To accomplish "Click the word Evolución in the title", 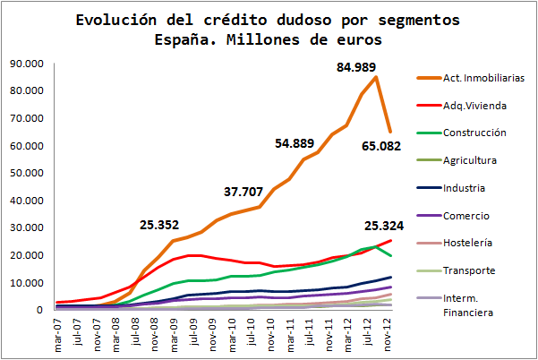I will point(114,19).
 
